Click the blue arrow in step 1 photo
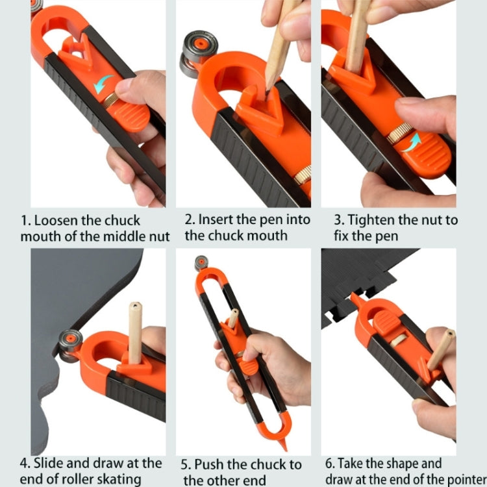click(103, 84)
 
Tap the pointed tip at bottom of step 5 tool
click(284, 441)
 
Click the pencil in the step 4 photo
click(135, 331)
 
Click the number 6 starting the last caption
click(329, 464)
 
